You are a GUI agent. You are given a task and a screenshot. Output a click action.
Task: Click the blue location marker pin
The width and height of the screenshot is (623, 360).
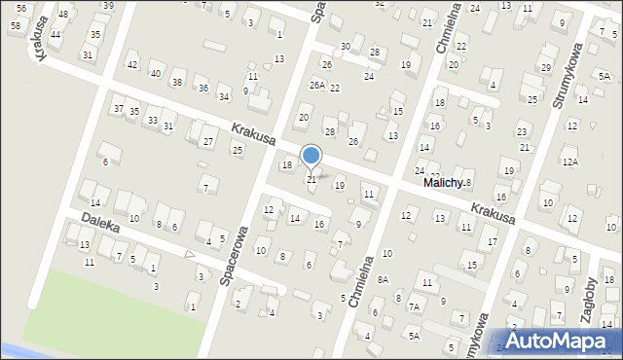[311, 156]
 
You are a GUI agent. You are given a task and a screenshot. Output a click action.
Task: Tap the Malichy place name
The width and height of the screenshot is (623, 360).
[441, 182]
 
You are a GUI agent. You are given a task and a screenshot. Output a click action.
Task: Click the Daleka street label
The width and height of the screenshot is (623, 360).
[100, 224]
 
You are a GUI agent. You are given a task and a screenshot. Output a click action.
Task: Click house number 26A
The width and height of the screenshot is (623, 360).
[316, 85]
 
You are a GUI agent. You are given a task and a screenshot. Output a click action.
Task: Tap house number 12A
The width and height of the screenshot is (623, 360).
[569, 162]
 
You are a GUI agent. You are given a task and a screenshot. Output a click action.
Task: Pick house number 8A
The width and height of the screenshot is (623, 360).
[384, 279]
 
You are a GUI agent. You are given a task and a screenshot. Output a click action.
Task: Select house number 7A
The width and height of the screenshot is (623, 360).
[414, 306]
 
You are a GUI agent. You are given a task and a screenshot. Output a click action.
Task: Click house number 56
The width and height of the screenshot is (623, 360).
[21, 8]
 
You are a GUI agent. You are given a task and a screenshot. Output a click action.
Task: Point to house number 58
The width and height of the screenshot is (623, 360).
[15, 24]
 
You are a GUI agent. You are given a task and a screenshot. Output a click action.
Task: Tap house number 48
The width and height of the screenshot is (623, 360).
[63, 15]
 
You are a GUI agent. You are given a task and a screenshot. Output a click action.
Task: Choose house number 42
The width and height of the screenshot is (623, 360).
[132, 64]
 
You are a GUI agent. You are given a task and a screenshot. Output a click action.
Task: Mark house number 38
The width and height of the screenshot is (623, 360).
[177, 82]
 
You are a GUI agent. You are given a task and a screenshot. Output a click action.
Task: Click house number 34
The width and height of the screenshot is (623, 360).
[224, 96]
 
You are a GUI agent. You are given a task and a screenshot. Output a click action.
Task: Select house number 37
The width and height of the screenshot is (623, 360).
[118, 108]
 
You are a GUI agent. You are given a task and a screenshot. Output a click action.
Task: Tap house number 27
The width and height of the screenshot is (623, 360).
[208, 142]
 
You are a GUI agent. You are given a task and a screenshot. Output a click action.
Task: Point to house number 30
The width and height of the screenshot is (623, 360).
[346, 46]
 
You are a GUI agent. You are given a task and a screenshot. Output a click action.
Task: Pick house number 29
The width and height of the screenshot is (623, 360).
[546, 67]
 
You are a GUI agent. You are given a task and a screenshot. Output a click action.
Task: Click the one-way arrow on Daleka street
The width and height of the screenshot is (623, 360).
[191, 255]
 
